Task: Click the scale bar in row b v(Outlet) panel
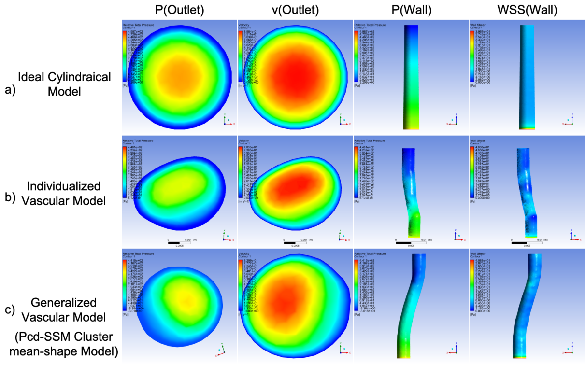pos(299,241)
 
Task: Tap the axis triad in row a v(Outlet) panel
pos(341,120)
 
